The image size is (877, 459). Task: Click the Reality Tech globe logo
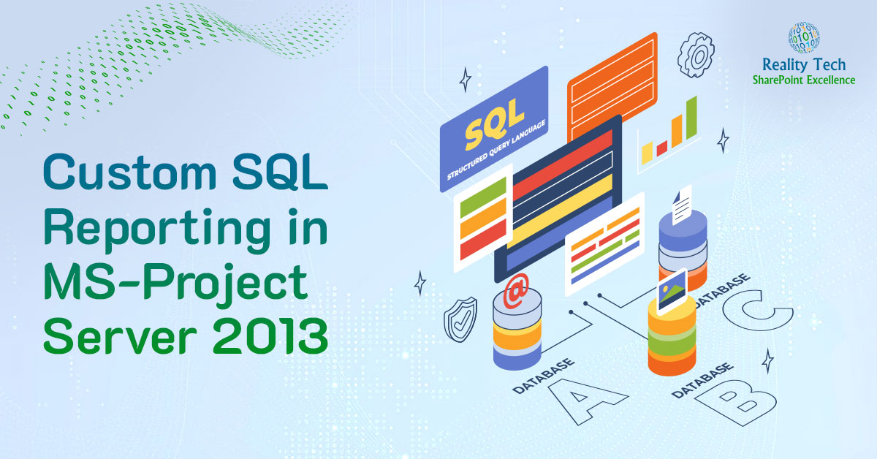(x=803, y=37)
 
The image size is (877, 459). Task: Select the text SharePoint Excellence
(x=803, y=80)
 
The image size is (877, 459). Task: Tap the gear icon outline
(x=695, y=55)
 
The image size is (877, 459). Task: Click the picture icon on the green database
(x=671, y=291)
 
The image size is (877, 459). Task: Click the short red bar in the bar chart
(x=662, y=148)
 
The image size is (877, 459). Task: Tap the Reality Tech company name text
(x=803, y=66)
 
